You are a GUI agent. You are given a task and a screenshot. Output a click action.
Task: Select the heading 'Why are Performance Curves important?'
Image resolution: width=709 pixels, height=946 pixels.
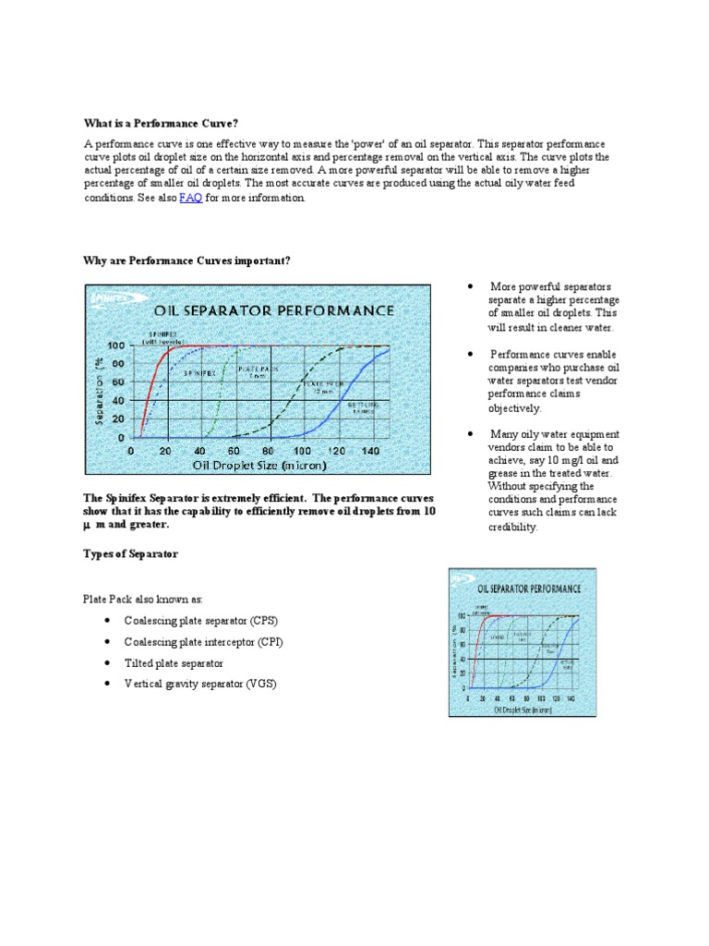click(187, 261)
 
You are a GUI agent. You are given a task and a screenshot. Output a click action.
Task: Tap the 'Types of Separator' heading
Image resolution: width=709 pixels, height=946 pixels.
click(131, 553)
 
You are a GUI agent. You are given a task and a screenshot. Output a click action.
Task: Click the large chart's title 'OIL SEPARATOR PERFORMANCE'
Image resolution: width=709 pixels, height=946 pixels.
click(274, 310)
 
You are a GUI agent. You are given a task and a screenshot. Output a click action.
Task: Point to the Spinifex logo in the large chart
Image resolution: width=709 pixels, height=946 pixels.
click(110, 297)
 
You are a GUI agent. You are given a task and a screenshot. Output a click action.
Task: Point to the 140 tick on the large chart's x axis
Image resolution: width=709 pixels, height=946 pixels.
click(370, 450)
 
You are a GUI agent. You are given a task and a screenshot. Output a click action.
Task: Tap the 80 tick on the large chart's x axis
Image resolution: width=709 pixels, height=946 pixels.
click(268, 450)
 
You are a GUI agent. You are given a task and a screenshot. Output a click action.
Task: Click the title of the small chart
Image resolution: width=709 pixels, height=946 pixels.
click(529, 588)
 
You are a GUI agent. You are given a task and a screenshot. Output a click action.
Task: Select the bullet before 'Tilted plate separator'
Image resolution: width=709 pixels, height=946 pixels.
click(108, 663)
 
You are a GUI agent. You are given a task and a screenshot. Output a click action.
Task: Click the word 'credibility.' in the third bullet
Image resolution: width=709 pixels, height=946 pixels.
click(512, 528)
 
